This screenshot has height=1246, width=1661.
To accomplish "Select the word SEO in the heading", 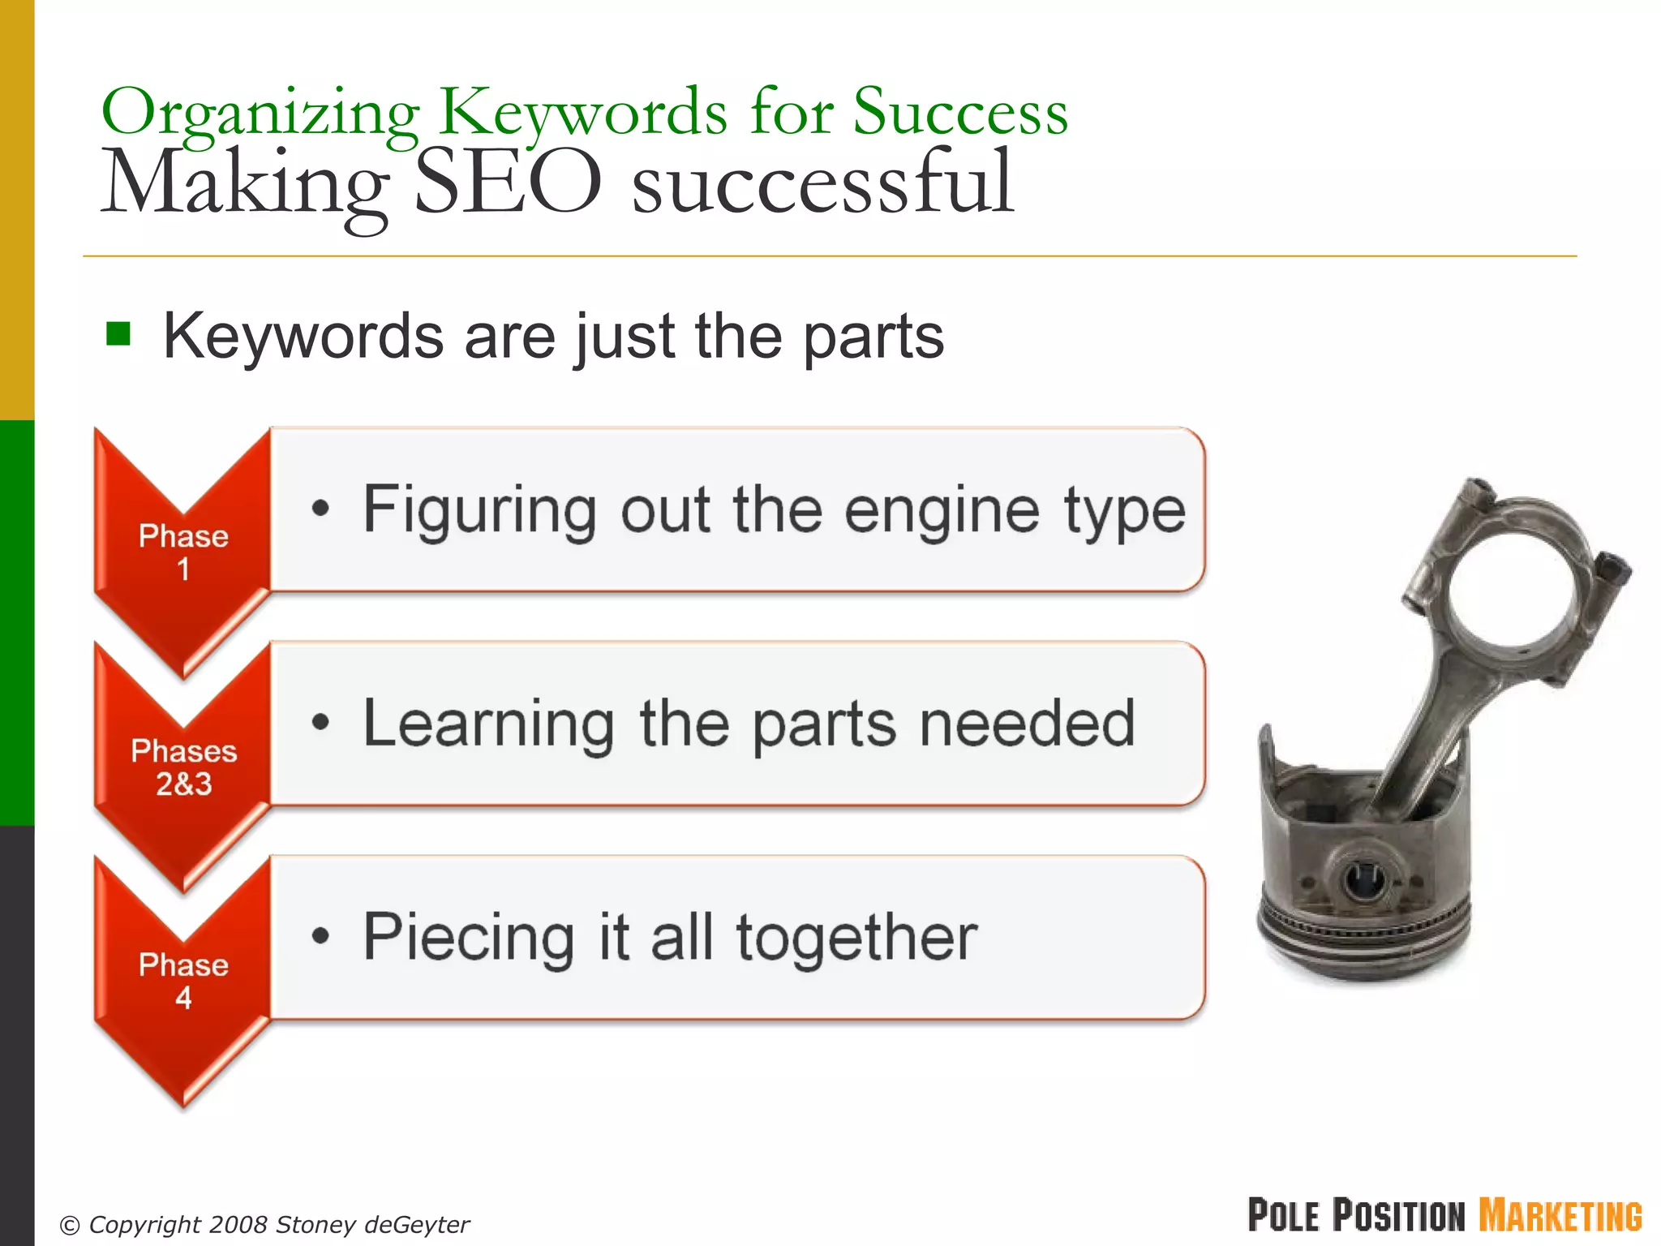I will pyautogui.click(x=508, y=182).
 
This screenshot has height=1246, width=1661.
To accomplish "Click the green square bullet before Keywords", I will pyautogui.click(x=118, y=333).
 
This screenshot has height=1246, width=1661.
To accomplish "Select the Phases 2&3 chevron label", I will pyautogui.click(x=184, y=767).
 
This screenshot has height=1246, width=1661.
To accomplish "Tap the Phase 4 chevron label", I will pyautogui.click(x=183, y=980).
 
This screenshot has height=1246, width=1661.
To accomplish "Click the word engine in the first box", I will pyautogui.click(x=941, y=511).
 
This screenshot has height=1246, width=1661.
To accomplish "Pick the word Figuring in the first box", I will pyautogui.click(x=479, y=511).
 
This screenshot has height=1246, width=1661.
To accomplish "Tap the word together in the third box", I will pyautogui.click(x=856, y=938).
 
